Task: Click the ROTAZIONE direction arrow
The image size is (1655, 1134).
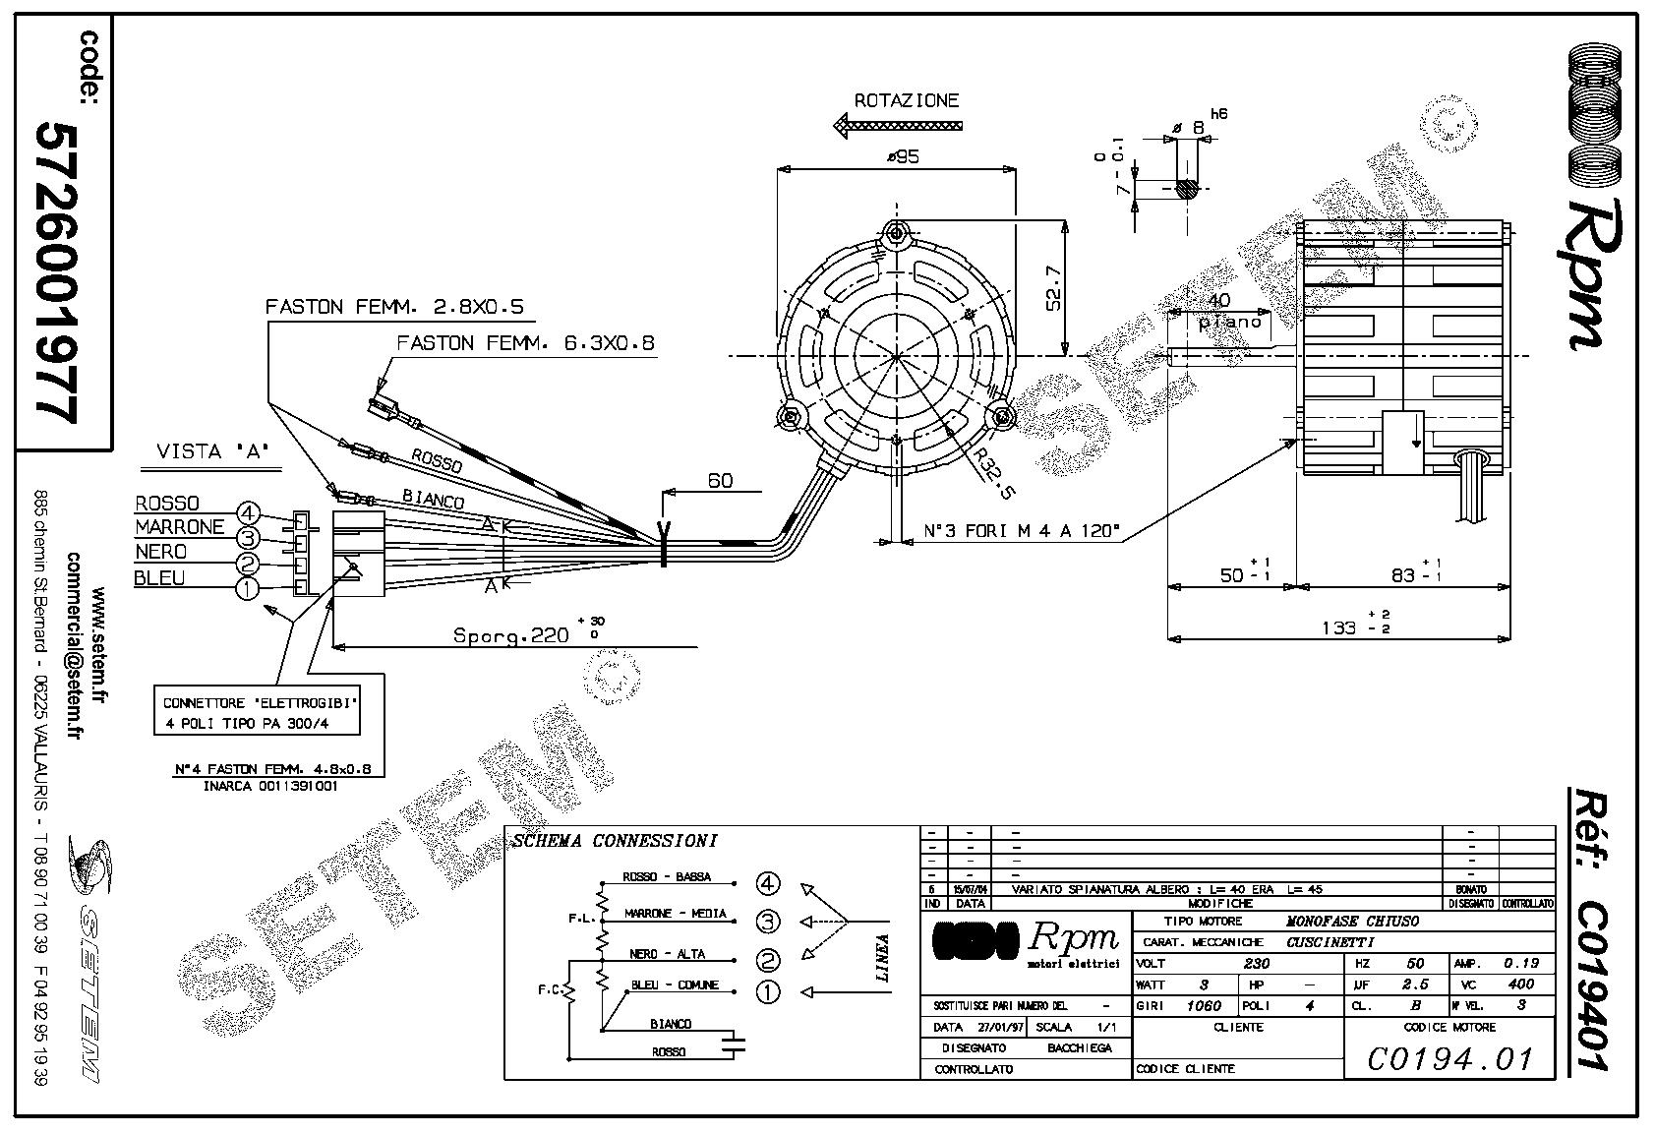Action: pos(896,125)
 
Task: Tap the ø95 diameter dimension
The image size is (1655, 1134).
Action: pos(902,156)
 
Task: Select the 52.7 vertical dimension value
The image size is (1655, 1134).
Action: pos(1053,287)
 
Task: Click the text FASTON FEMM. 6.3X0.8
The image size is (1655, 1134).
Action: pos(525,343)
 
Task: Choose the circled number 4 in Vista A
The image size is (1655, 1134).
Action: pos(249,513)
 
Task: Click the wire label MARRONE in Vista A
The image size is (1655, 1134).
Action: pos(180,527)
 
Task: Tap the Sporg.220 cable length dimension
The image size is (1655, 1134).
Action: pos(511,635)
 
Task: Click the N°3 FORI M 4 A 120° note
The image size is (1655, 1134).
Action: pos(1022,532)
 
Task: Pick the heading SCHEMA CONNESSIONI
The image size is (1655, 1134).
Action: pos(615,841)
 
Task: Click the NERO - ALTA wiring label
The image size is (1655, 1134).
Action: pos(668,954)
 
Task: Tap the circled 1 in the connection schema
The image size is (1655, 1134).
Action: pos(768,992)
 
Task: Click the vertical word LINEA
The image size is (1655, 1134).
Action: pos(882,958)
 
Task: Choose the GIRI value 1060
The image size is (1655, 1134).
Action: pos(1204,1006)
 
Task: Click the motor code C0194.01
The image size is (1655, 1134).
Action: pos(1450,1059)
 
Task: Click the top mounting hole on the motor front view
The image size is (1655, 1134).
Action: pos(896,233)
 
